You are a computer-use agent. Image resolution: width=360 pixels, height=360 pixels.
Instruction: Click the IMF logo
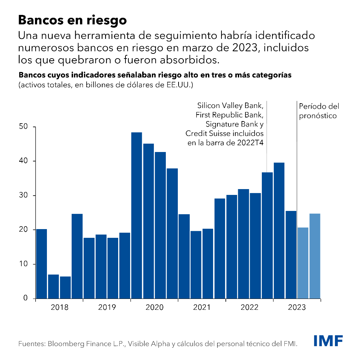[328, 341]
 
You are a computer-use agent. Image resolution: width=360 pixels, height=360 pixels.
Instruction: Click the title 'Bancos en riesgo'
[72, 20]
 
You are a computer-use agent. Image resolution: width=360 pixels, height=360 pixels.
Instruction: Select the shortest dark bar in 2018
[65, 287]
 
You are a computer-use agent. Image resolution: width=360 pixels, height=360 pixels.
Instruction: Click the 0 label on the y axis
[25, 298]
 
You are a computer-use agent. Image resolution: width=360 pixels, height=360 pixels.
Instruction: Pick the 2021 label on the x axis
[202, 307]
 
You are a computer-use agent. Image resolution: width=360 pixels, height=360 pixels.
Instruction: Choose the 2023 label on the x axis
[297, 307]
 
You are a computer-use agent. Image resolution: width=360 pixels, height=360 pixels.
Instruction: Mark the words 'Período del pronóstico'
[319, 111]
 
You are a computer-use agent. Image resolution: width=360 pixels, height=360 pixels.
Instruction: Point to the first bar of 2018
[41, 264]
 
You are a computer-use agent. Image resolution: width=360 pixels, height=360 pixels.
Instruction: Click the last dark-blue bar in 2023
[291, 255]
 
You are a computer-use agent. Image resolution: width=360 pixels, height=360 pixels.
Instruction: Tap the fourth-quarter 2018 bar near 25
[77, 256]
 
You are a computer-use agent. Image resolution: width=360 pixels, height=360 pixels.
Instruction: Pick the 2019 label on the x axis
[107, 307]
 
